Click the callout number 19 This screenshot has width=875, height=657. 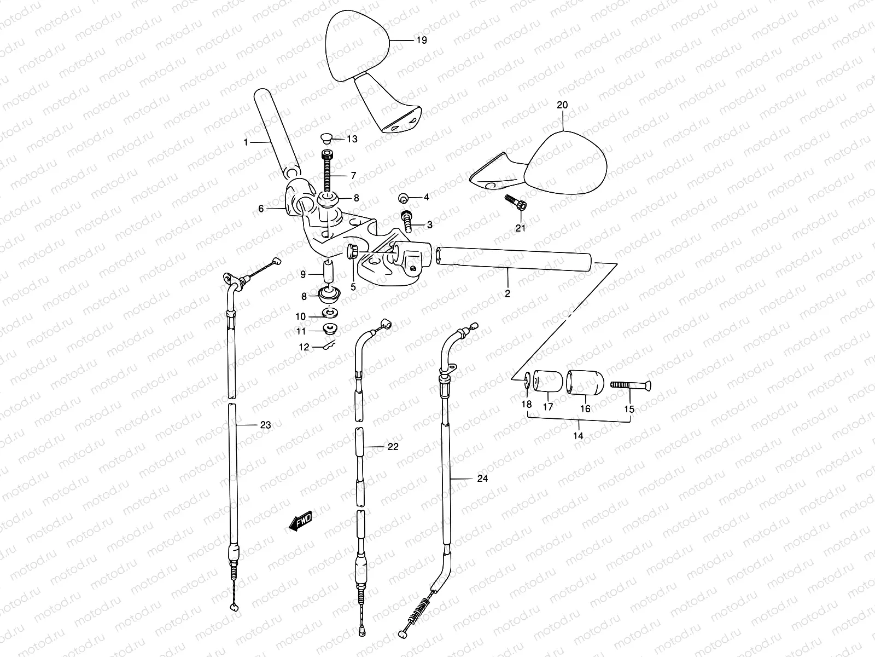(x=421, y=41)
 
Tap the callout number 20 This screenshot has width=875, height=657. (x=562, y=105)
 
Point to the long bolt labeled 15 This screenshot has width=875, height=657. (x=630, y=386)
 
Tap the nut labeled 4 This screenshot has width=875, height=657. (x=404, y=198)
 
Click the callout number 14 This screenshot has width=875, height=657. (x=578, y=436)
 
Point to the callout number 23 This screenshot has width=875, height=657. (x=266, y=425)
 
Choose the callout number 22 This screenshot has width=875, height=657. (x=393, y=447)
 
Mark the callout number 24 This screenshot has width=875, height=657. (x=482, y=479)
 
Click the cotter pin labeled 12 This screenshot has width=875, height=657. (x=331, y=344)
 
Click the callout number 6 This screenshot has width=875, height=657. (x=261, y=209)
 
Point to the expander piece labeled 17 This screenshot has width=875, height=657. (x=548, y=381)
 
